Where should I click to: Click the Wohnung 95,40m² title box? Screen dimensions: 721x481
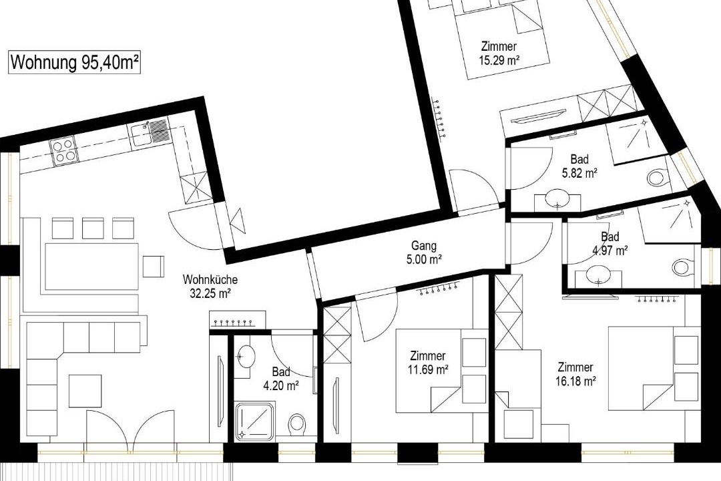tap(75, 62)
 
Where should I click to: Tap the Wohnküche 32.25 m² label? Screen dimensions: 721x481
tap(210, 287)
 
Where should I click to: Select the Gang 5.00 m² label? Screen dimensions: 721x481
tap(423, 253)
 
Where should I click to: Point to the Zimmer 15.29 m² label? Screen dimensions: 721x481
tap(499, 53)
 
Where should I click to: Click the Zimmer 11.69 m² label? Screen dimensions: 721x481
tap(428, 362)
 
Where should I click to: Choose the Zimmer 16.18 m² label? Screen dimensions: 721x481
tap(575, 373)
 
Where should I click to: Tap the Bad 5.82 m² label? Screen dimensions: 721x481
tap(579, 166)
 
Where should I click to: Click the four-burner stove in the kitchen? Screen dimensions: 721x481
tap(63, 152)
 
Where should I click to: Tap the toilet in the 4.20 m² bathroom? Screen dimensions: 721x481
tap(297, 424)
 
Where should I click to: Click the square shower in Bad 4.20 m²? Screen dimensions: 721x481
tap(255, 421)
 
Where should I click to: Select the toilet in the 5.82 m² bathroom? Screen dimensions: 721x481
tap(657, 177)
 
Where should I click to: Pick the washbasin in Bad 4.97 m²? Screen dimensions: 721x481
tap(597, 276)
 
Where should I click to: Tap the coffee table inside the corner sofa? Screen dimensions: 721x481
tap(85, 391)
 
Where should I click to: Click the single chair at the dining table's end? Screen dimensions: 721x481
tap(154, 266)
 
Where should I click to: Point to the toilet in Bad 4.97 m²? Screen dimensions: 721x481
tap(682, 267)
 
